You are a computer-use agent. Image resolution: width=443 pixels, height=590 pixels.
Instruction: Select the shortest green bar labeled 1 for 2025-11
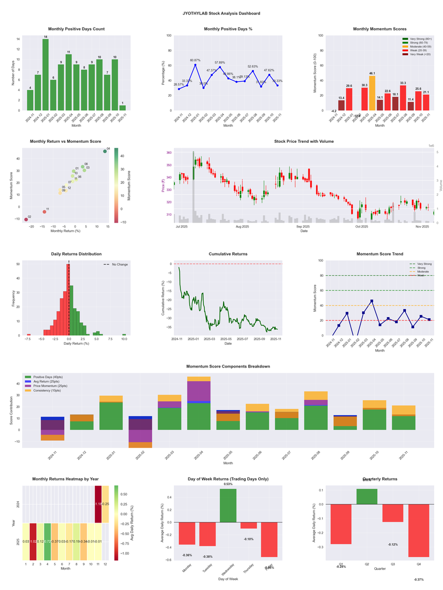point(122,107)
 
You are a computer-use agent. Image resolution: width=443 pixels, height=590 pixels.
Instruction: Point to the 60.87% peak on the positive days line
point(195,65)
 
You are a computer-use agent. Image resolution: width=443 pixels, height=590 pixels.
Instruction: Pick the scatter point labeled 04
point(105,151)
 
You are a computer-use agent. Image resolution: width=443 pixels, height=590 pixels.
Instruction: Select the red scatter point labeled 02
point(26,220)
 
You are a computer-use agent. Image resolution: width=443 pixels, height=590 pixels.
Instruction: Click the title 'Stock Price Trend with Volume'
point(304,141)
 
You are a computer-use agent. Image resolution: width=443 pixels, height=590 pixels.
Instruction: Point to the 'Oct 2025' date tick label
point(362,226)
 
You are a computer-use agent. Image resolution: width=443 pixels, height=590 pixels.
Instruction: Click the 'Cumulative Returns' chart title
point(228,254)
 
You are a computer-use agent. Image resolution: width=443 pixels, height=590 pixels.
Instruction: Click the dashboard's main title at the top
point(221,13)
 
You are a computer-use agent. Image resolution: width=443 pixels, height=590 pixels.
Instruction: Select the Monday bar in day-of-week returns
point(187,534)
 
